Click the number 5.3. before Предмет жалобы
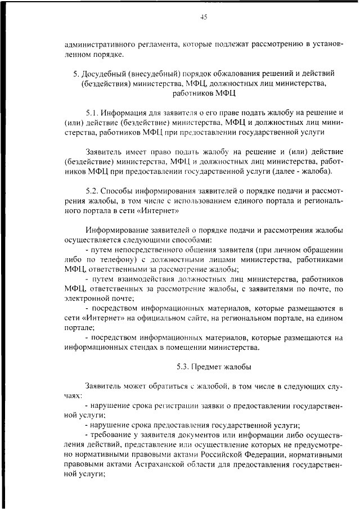tap(183, 367)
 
